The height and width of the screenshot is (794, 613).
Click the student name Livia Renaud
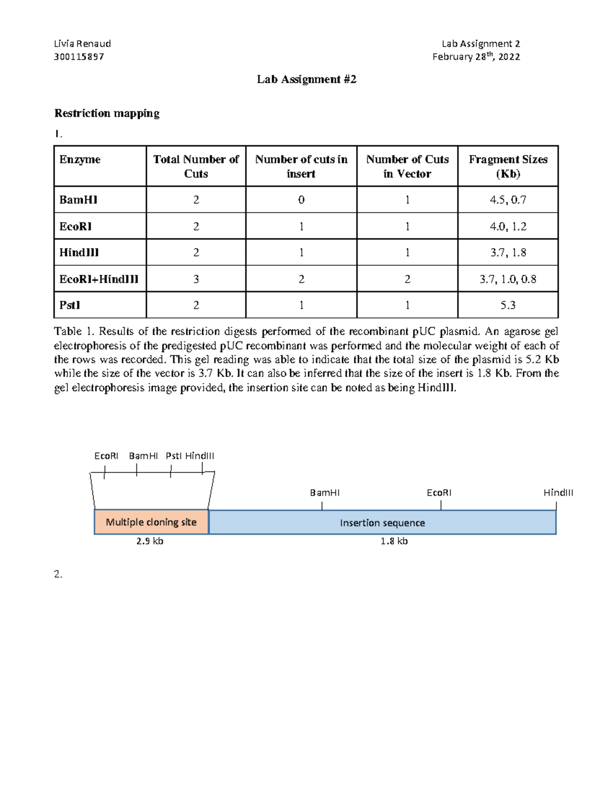tap(82, 44)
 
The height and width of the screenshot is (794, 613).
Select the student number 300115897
tap(79, 57)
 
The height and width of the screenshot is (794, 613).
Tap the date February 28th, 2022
tap(476, 57)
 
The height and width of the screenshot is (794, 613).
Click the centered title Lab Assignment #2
tap(306, 79)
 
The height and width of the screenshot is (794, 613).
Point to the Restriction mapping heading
tap(107, 113)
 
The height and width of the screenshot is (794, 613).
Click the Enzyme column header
tap(80, 160)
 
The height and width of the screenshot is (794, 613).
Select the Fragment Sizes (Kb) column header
tap(508, 166)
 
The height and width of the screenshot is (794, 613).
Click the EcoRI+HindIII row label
tap(99, 279)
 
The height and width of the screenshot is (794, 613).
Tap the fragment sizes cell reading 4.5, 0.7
tap(508, 200)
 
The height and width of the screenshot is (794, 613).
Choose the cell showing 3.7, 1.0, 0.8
tap(508, 279)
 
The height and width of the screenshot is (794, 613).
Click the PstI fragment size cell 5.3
tap(508, 305)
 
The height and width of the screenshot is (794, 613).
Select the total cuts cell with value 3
tap(196, 279)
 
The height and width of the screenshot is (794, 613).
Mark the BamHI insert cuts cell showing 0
tap(301, 200)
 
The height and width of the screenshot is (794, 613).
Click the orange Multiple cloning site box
tap(151, 522)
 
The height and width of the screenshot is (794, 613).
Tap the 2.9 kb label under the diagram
tap(150, 541)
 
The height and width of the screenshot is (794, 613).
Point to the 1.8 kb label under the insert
tap(394, 541)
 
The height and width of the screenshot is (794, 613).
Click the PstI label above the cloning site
tap(174, 456)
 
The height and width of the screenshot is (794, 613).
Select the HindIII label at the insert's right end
tap(558, 493)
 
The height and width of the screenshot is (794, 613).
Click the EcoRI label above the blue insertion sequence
tap(439, 493)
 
